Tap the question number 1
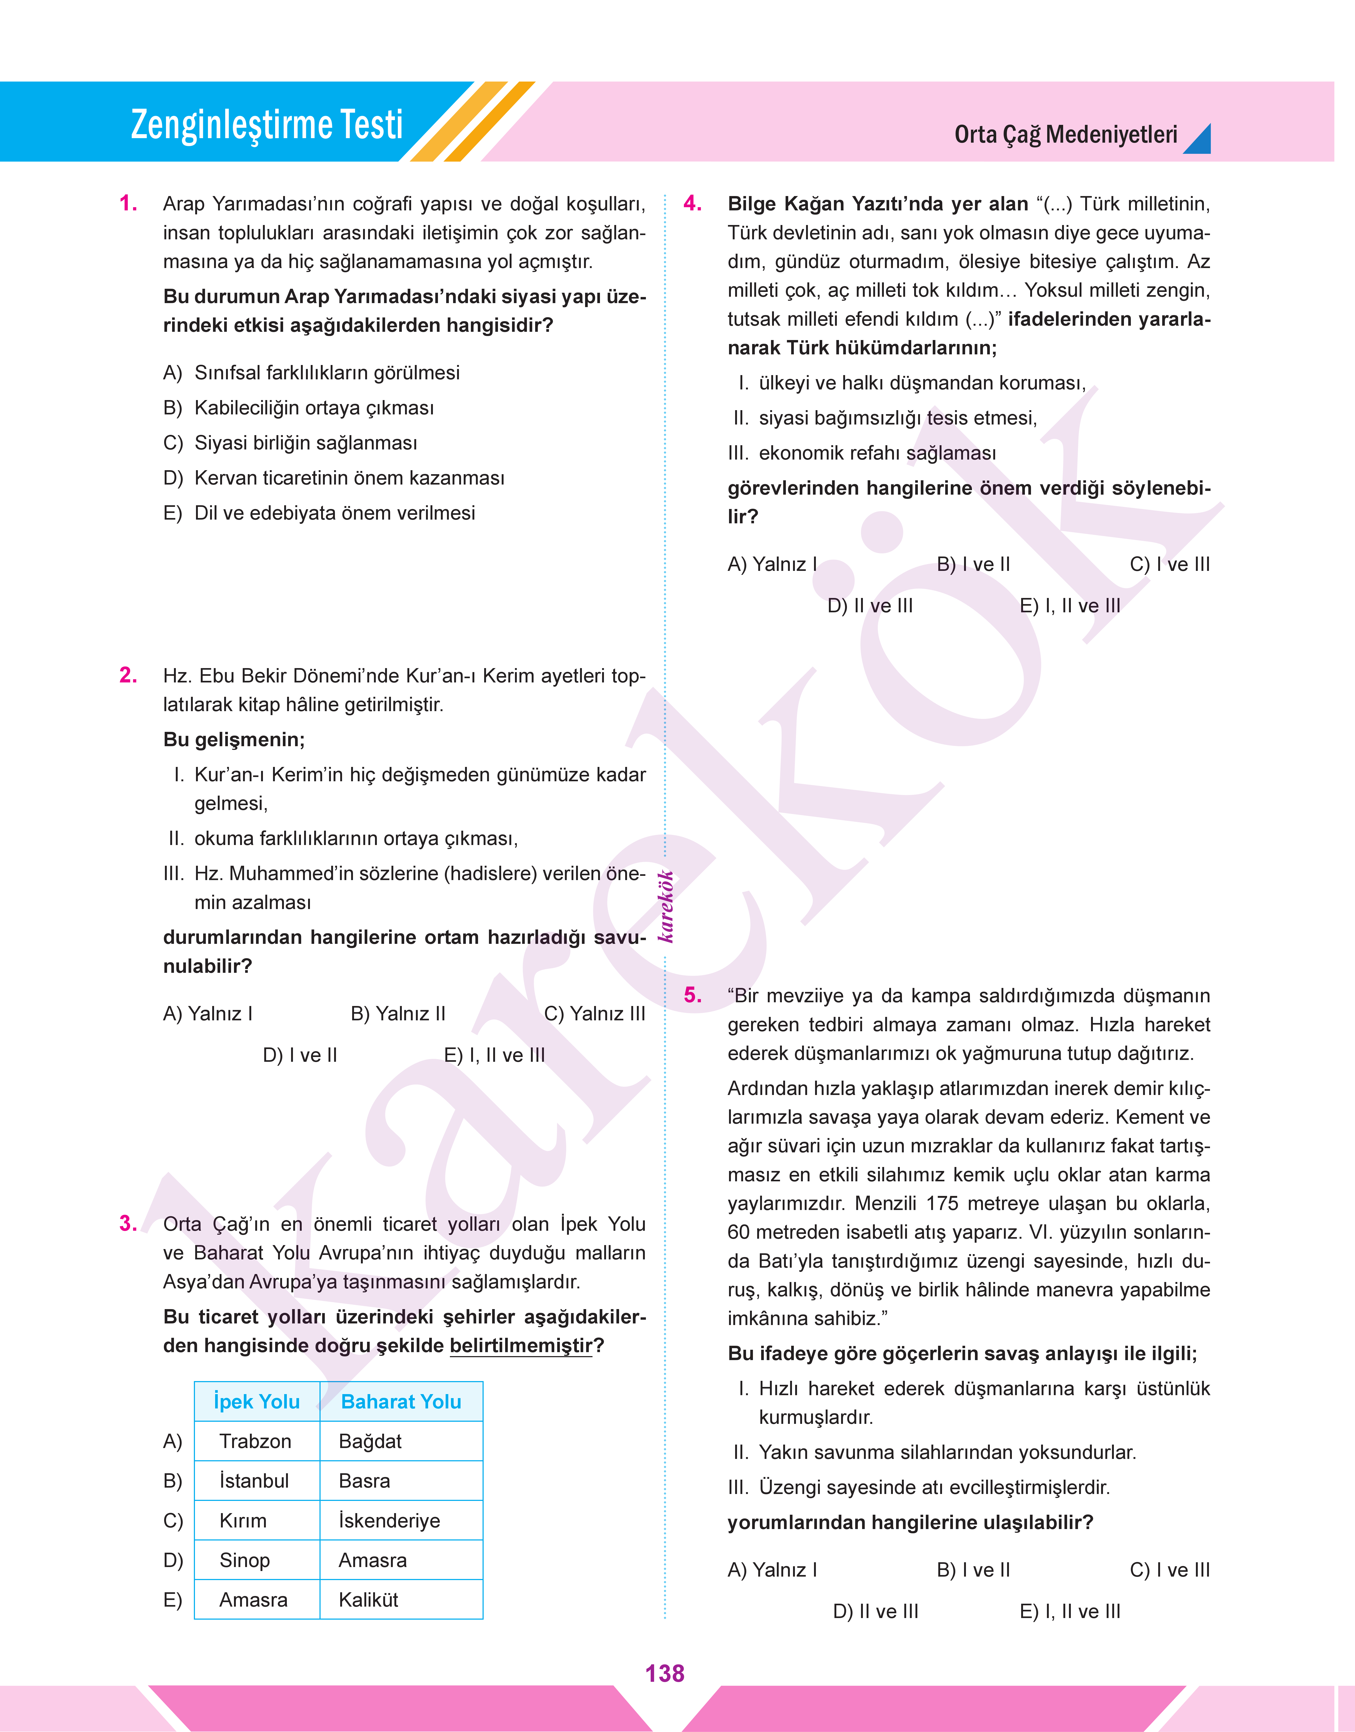tap(128, 204)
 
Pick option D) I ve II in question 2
tap(300, 1055)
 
